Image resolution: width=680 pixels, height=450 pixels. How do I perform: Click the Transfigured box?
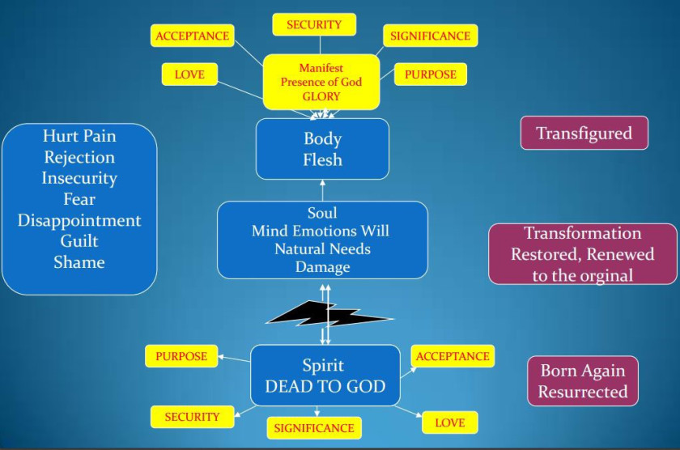[x=584, y=134]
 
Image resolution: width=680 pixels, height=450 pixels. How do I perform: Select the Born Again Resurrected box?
[x=583, y=381]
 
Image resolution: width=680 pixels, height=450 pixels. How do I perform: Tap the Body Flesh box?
[x=322, y=149]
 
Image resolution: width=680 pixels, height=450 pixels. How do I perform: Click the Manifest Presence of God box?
[x=321, y=82]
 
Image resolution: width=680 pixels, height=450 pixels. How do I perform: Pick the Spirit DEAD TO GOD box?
[x=325, y=376]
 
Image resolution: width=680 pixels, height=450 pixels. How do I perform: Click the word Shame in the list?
[x=79, y=262]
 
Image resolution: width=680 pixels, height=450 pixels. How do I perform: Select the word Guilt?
[x=79, y=241]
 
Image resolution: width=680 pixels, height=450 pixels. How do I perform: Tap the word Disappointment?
[x=79, y=220]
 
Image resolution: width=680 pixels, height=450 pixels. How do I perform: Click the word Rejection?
[x=79, y=157]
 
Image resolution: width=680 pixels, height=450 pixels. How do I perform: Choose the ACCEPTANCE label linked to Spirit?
[x=452, y=356]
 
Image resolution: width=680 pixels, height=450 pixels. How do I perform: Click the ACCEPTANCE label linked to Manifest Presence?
[x=192, y=36]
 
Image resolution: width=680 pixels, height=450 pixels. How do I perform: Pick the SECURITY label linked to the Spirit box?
[x=192, y=417]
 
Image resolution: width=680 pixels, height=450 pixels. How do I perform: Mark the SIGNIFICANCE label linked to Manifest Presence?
[x=430, y=36]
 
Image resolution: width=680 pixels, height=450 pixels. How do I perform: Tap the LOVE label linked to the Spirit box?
[x=449, y=422]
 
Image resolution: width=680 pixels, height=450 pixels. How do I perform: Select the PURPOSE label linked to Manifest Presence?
[x=430, y=74]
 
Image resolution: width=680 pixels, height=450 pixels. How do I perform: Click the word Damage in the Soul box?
[x=322, y=266]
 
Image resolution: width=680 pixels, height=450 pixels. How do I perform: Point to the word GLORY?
[x=321, y=96]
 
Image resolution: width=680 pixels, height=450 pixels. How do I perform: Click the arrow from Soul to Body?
[x=322, y=190]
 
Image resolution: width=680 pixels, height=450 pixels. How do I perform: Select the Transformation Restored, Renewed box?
[x=583, y=254]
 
